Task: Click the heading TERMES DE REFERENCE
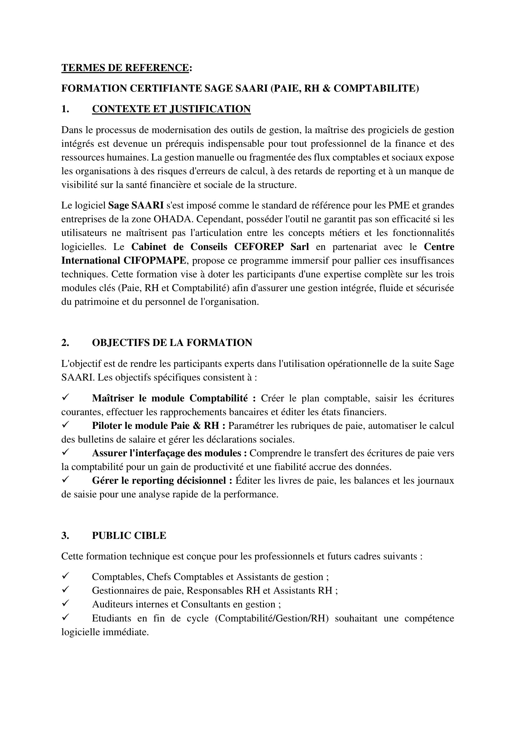pos(125,68)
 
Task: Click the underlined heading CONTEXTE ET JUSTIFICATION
pos(171,109)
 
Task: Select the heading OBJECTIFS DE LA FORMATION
pos(172,343)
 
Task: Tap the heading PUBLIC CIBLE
pos(129,536)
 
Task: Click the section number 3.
pos(65,536)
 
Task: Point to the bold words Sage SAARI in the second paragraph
pos(136,205)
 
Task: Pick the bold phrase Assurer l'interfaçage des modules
pos(169,453)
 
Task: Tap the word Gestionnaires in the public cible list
pos(122,591)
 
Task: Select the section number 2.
pos(65,343)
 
